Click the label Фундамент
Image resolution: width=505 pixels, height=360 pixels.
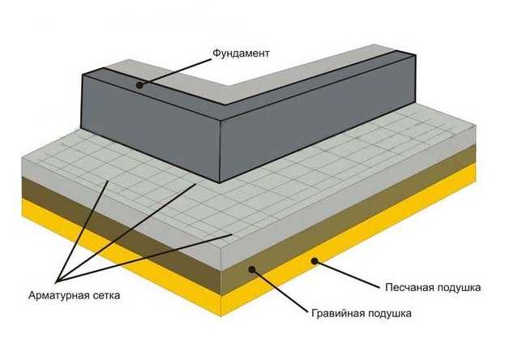tap(241, 54)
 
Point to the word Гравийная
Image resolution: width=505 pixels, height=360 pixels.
tap(336, 313)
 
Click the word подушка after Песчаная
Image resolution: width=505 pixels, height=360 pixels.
tap(456, 288)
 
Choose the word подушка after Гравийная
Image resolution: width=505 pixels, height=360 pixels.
tap(387, 314)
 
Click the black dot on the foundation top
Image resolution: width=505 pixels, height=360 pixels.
tap(139, 85)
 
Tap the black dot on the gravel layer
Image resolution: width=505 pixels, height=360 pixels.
tap(252, 269)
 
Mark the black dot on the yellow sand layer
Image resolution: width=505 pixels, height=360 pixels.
tap(315, 261)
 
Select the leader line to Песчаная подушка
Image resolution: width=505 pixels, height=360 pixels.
tap(348, 273)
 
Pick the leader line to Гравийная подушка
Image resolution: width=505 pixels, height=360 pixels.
tap(280, 290)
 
